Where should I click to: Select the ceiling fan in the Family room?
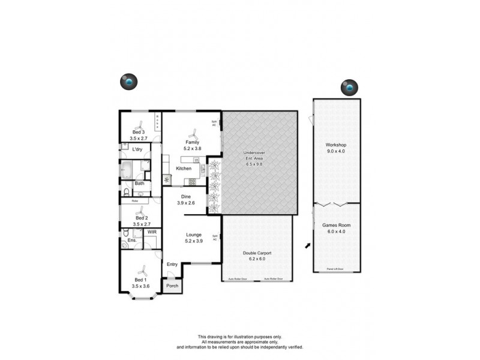[x=192, y=133]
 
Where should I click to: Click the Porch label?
[x=172, y=286]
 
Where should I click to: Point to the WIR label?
[x=152, y=231]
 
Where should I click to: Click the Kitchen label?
[x=183, y=169]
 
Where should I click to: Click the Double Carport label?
[x=257, y=253]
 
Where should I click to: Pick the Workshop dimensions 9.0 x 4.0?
[x=336, y=151]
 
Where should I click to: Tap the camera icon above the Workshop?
[x=349, y=88]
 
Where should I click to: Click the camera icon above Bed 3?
[x=128, y=82]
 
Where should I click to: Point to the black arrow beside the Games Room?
[x=308, y=245]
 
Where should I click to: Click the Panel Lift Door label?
[x=335, y=269]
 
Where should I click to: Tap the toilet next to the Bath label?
[x=127, y=192]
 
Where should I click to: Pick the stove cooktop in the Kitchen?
[x=193, y=181]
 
